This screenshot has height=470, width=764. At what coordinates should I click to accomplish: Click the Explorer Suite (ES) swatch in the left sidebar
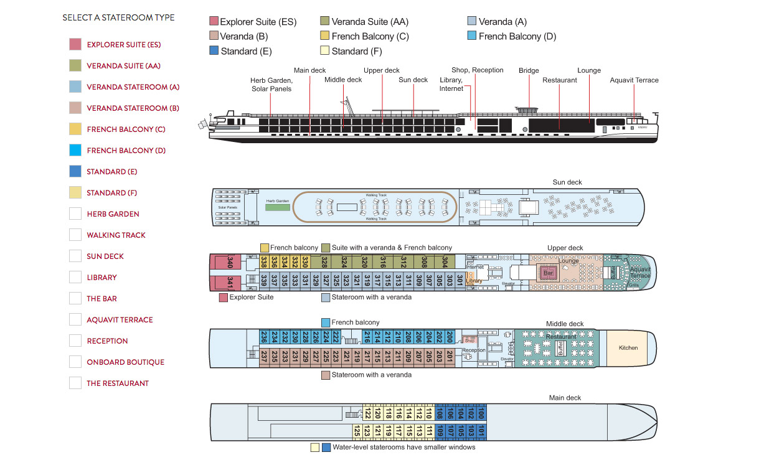[x=75, y=45]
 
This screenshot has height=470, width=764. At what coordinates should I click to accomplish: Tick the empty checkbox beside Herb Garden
[x=75, y=214]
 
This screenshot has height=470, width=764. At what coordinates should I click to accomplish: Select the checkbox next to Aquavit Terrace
[x=75, y=320]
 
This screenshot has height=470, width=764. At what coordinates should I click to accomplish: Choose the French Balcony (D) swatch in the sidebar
[x=75, y=151]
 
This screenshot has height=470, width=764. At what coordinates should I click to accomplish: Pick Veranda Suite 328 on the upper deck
[x=324, y=262]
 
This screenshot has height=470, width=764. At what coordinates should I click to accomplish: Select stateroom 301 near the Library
[x=460, y=280]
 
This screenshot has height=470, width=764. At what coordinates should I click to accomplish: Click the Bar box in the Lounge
[x=548, y=273]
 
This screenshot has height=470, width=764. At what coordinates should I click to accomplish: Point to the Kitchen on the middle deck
[x=628, y=347]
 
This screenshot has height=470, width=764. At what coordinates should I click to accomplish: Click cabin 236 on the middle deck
[x=264, y=337]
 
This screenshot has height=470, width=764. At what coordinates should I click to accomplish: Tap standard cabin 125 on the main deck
[x=357, y=430]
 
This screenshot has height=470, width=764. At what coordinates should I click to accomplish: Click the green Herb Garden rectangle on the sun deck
[x=278, y=206]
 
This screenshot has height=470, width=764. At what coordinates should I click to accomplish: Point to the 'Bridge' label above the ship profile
[x=529, y=71]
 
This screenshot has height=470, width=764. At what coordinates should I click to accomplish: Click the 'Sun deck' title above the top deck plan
[x=567, y=182]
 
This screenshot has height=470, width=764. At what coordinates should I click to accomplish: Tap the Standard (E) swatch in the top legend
[x=214, y=51]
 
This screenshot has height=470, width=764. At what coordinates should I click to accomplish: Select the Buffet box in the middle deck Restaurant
[x=560, y=349]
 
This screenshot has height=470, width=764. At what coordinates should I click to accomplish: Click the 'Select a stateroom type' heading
[x=118, y=18]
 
